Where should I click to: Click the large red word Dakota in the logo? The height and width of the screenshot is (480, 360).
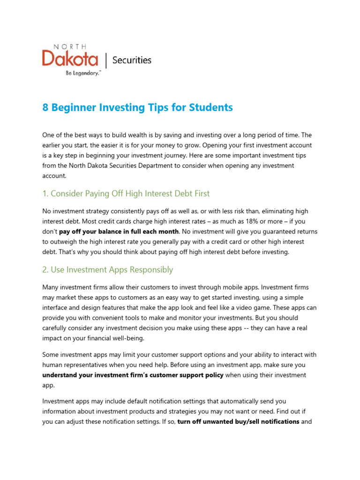[x=70, y=60]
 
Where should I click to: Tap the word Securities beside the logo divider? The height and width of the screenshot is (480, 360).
[x=132, y=60]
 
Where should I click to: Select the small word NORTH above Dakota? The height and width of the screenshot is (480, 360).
[x=70, y=47]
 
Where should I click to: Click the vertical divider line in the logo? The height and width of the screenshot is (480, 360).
[x=106, y=60]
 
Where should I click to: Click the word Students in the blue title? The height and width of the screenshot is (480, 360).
[x=211, y=107]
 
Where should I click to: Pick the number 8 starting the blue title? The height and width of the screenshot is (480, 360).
[x=45, y=107]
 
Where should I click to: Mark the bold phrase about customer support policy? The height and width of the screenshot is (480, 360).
[x=133, y=375]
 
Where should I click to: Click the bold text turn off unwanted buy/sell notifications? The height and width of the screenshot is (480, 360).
[x=238, y=421]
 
